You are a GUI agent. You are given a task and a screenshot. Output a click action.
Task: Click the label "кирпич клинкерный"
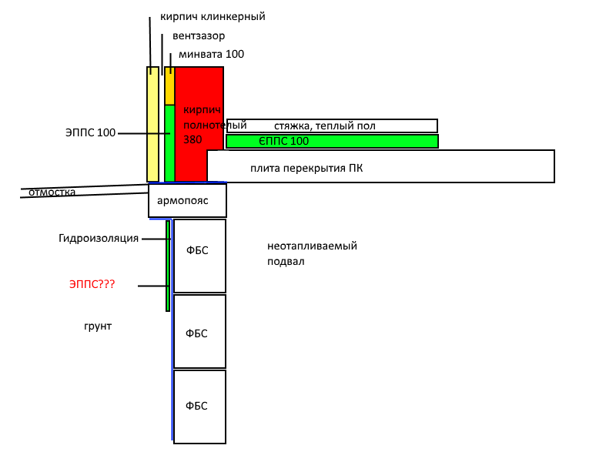pos(213,17)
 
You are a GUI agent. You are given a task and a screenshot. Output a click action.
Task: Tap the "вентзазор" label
pos(199,35)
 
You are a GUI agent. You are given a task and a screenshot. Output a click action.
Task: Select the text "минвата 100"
pos(211,54)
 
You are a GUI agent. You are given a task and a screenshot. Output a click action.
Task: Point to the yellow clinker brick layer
pos(152,124)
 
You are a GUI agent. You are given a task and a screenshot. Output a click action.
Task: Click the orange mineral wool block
pos(169,85)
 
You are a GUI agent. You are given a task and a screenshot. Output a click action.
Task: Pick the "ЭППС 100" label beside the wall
pos(90,132)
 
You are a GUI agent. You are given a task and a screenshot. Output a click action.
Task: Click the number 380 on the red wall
pos(192,139)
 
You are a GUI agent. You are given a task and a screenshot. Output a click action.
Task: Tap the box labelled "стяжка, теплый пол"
pos(332,126)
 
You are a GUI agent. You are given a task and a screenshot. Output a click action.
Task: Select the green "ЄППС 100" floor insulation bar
pos(332,141)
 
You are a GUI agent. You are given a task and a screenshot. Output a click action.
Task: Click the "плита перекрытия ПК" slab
pos(380,166)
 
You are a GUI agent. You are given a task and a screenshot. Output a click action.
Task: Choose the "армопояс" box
pos(187,200)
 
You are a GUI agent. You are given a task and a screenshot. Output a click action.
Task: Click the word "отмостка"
pos(52,192)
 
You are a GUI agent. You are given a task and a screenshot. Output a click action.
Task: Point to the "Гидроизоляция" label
pos(99,238)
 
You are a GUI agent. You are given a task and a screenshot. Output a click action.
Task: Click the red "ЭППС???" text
pos(92,284)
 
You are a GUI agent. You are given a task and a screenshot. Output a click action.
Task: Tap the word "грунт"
pos(98,326)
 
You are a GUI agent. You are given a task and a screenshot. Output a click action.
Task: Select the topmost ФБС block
pos(199,256)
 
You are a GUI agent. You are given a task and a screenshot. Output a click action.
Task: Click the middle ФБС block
pos(199,331)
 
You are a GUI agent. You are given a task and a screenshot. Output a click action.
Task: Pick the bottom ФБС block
pos(199,407)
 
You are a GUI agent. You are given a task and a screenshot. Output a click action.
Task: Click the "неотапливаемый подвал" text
pos(313,253)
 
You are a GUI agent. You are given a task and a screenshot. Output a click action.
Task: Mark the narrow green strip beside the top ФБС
pos(168,266)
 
